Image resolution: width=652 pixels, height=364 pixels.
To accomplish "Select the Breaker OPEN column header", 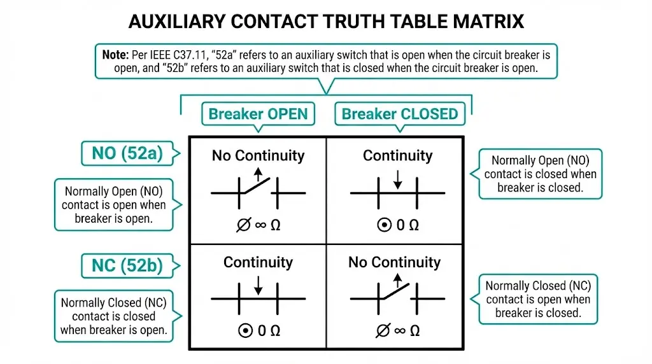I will click(258, 115).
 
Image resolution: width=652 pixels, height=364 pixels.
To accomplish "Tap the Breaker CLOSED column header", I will click(400, 115).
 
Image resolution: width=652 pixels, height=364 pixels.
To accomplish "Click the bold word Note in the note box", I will click(115, 55).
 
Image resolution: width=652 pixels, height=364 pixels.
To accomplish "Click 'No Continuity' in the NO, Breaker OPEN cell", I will click(258, 155).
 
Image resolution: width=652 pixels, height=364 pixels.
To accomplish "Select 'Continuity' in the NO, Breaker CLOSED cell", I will click(397, 155).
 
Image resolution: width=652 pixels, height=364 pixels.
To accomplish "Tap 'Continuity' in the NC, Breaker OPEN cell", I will click(258, 262).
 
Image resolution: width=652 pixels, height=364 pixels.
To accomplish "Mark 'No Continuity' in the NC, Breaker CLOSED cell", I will click(394, 262).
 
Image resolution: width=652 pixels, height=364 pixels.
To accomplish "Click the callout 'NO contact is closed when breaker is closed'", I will click(540, 174).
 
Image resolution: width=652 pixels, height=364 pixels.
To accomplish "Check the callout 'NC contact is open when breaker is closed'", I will click(538, 299).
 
